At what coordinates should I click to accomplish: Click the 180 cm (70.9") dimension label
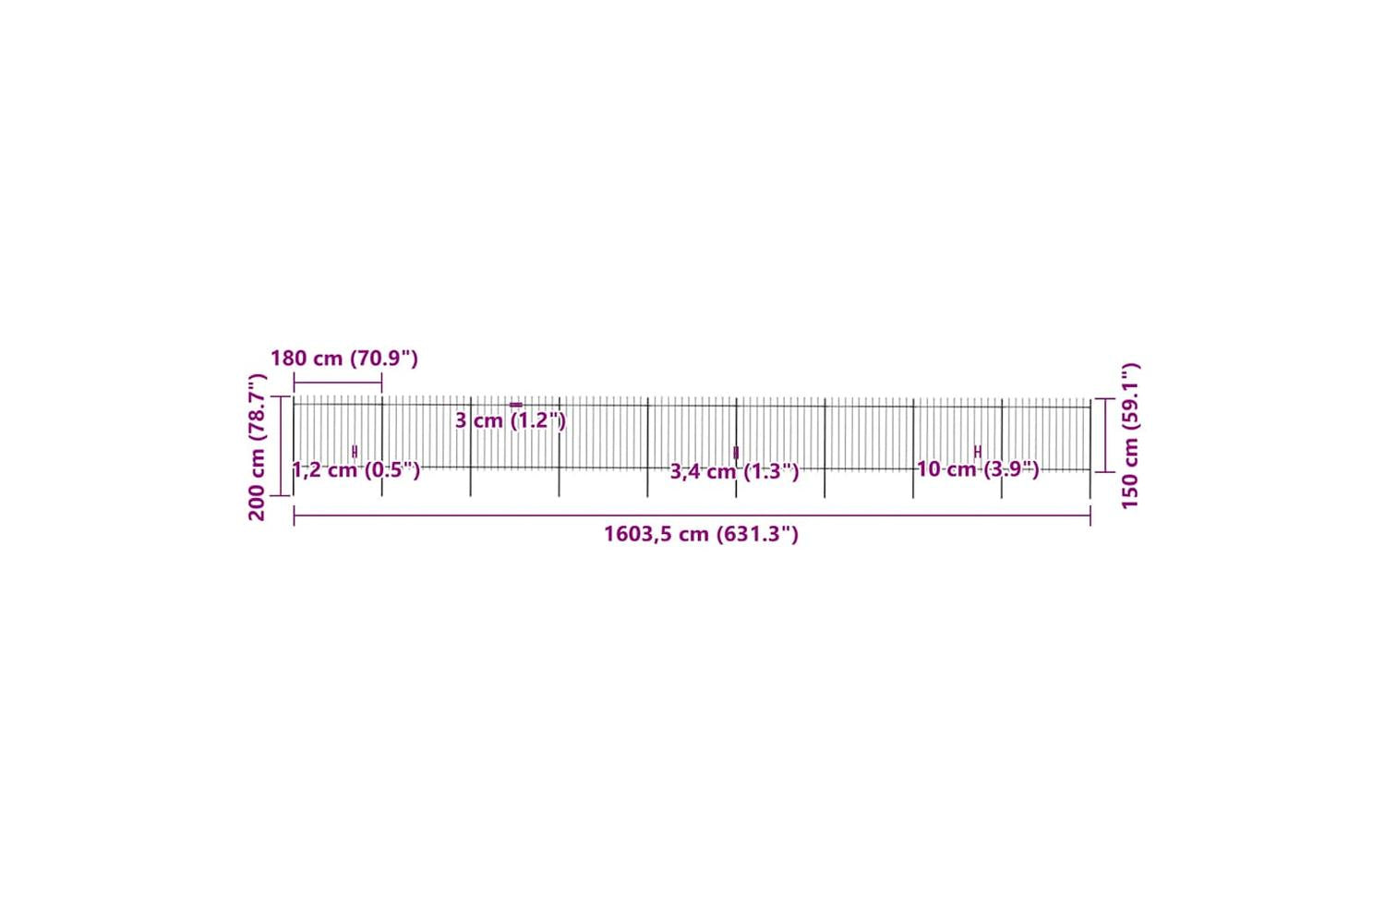(344, 359)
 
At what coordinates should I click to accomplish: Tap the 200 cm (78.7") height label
(257, 447)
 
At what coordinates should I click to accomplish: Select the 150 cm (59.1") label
(1130, 436)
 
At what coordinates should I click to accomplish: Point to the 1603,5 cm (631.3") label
(701, 533)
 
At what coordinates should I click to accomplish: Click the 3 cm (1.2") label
(511, 420)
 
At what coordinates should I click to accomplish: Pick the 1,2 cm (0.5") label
(356, 470)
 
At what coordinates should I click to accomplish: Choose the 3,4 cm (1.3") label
(735, 471)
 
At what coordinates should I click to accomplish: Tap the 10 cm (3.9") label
(978, 469)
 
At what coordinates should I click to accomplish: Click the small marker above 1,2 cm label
(355, 452)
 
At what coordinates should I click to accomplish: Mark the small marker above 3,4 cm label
(736, 453)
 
